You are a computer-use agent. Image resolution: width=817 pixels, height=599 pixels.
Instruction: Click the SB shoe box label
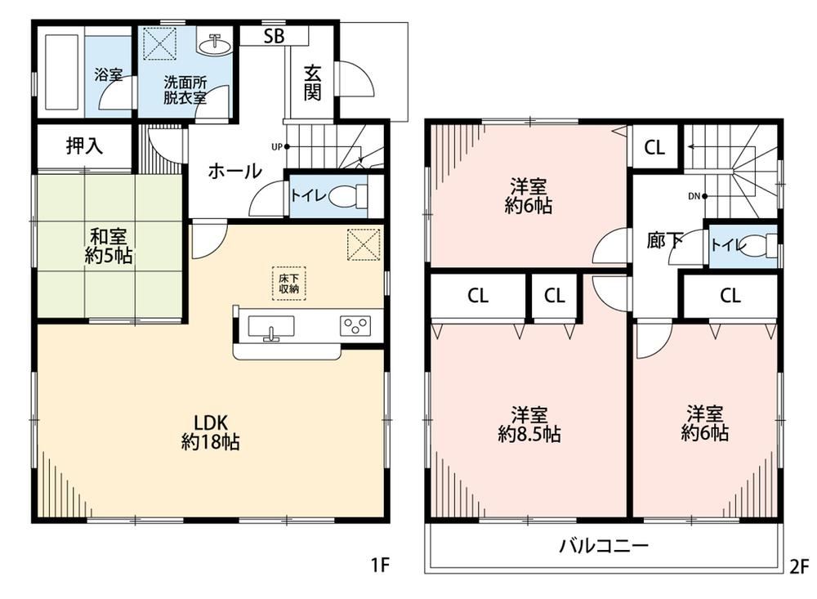274,37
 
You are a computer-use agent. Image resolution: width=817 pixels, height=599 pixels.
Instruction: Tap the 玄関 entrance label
312,83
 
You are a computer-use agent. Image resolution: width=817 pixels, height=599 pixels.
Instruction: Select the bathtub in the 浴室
61,72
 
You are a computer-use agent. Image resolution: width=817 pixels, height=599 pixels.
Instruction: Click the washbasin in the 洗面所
214,44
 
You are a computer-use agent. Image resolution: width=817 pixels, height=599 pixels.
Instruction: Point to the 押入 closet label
84,146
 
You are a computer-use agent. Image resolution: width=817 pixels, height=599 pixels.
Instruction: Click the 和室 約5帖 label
109,246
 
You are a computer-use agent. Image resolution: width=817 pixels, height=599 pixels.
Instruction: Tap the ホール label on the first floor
234,171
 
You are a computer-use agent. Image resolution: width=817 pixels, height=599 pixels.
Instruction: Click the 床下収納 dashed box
288,284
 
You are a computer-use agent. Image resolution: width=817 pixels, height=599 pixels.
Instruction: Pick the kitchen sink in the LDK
271,327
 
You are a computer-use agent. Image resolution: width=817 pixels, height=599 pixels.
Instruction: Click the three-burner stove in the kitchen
356,326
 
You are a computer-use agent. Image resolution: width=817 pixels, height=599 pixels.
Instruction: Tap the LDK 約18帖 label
211,432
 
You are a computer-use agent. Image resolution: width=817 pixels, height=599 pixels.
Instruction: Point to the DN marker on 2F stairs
697,197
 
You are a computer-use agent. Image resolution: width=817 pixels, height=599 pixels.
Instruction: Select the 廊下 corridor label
664,239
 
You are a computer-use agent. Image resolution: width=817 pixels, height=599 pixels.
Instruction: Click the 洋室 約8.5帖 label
529,425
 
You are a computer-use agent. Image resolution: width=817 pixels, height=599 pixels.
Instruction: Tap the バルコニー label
604,546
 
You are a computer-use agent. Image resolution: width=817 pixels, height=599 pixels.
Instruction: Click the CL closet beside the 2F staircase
654,148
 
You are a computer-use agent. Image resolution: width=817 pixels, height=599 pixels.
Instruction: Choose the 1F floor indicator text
380,565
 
